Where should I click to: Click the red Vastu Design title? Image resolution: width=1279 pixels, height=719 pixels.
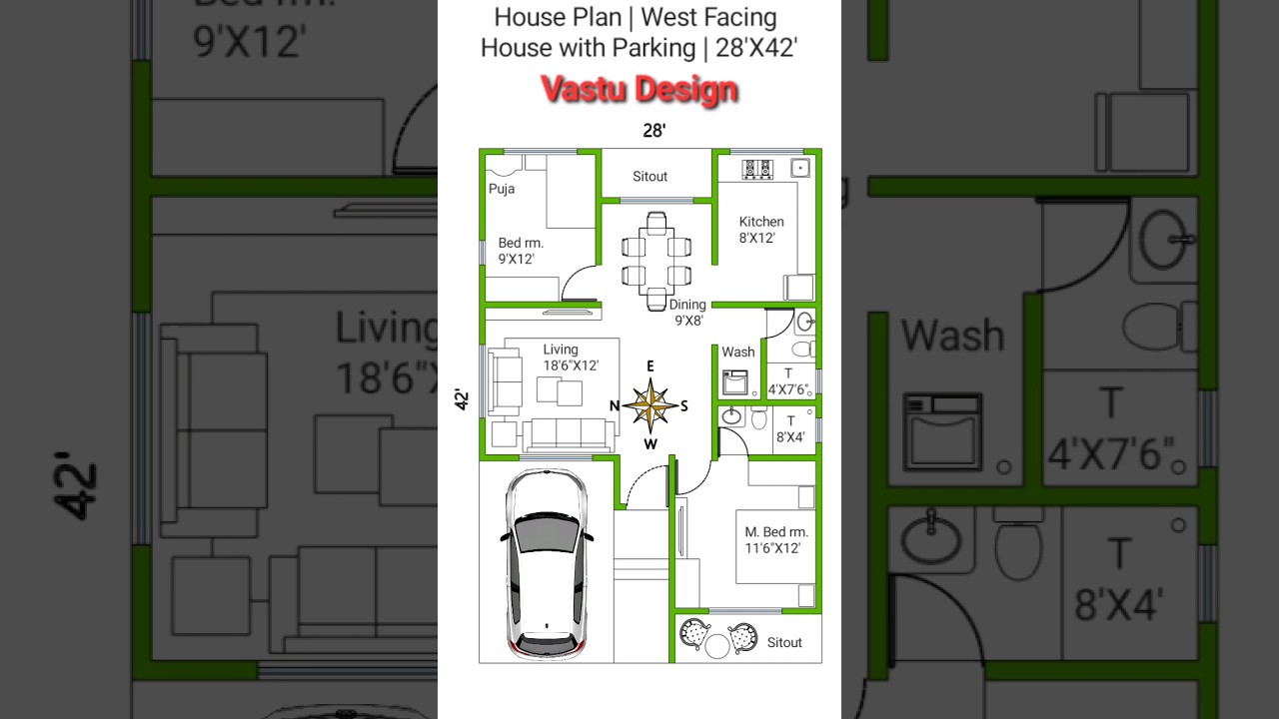coord(639,90)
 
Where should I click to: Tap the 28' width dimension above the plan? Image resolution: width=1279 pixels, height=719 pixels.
coord(653,131)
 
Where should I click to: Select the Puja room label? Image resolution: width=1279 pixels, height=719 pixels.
coord(502,189)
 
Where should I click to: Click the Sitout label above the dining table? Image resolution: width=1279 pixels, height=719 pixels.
coord(649,177)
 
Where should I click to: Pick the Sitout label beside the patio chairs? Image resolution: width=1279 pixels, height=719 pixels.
coord(784,642)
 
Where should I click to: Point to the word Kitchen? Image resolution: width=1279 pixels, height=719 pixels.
coord(761,222)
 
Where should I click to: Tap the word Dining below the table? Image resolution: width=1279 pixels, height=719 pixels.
coord(687,305)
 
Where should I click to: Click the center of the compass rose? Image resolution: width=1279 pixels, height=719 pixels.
coord(650,404)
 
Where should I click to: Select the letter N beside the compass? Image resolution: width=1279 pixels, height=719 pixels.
coord(615,405)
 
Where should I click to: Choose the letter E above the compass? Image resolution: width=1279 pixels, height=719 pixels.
coord(650,366)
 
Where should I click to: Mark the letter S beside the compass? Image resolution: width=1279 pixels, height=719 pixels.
coord(684,405)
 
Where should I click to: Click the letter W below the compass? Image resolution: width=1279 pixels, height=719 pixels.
coord(650,444)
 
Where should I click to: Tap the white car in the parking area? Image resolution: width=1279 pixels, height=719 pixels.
coord(547,564)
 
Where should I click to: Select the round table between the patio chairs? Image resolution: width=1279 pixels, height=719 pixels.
coord(717,646)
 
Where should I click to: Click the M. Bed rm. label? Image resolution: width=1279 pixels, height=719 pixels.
coord(775,532)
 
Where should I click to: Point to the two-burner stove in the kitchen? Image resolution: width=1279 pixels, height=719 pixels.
coord(757,169)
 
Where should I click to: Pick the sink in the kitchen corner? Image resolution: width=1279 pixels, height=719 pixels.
coord(799,168)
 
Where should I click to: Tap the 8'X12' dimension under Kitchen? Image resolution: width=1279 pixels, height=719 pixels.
coord(756,239)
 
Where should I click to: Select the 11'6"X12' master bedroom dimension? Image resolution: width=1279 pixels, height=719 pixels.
coord(772,548)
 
